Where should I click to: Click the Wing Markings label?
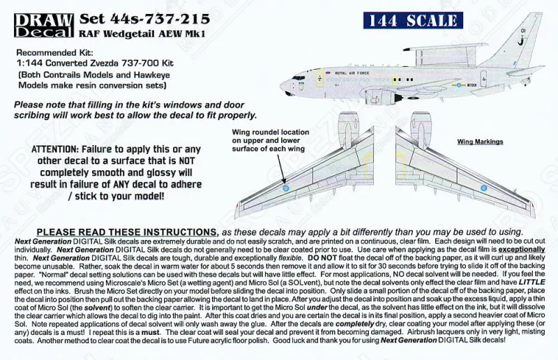[480, 142]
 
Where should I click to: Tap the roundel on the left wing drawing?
[285, 187]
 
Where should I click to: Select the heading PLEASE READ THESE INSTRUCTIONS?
[126, 232]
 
